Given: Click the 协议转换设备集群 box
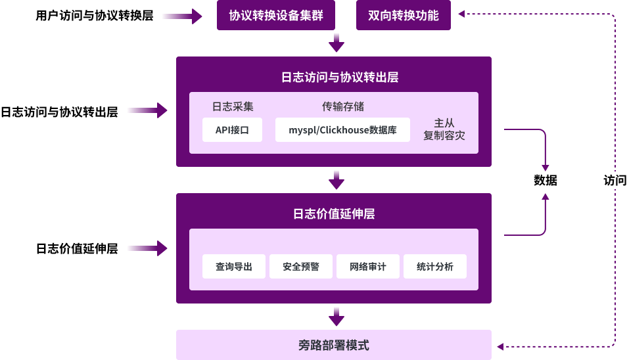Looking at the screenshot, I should pyautogui.click(x=276, y=15).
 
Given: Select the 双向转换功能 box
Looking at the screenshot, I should pyautogui.click(x=404, y=15).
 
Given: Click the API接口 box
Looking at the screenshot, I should pyautogui.click(x=232, y=130).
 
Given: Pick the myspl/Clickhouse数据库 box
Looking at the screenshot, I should pyautogui.click(x=342, y=130).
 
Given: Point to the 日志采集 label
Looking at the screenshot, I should pyautogui.click(x=232, y=106).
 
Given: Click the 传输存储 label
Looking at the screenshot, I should pyautogui.click(x=342, y=106).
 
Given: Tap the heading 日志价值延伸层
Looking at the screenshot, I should pyautogui.click(x=334, y=214).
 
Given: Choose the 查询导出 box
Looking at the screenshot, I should pyautogui.click(x=234, y=267).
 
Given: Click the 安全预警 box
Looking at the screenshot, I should pyautogui.click(x=301, y=267).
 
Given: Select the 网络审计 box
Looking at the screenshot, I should pyautogui.click(x=368, y=267).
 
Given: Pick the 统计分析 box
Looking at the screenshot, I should pyautogui.click(x=435, y=267).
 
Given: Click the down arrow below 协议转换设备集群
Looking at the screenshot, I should pyautogui.click(x=337, y=43).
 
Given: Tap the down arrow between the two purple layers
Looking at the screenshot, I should pyautogui.click(x=337, y=179).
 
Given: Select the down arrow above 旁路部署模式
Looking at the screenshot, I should pyautogui.click(x=337, y=317).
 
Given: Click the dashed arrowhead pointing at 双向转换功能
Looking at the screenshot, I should pyautogui.click(x=462, y=13).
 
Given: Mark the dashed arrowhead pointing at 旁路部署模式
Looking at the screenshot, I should pyautogui.click(x=501, y=346).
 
